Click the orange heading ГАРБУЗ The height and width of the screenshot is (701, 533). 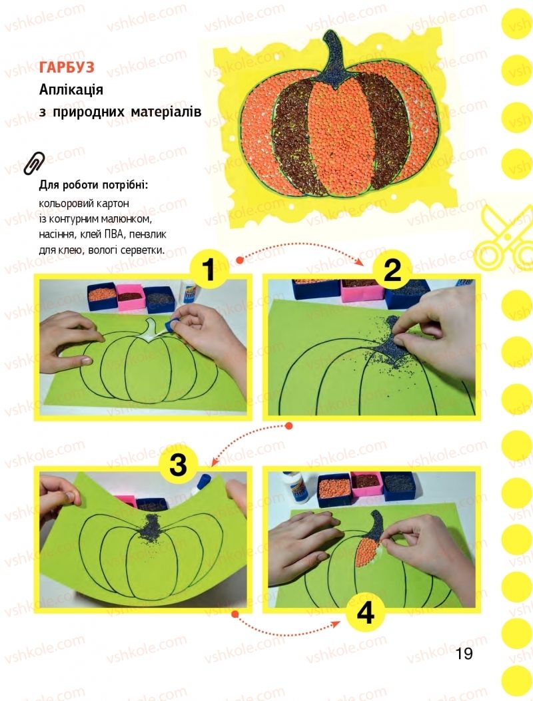pos(67,67)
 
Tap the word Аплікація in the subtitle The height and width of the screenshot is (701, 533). pos(71,89)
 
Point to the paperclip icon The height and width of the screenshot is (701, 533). pos(34,163)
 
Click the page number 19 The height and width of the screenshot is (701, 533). pos(464,654)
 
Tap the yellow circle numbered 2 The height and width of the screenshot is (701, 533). pos(392,270)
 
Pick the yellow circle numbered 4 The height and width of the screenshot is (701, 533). pos(366,613)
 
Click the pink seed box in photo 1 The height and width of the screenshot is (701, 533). pos(131,298)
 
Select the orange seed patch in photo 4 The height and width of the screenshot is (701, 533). pos(368,553)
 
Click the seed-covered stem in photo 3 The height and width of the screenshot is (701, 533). pos(152,527)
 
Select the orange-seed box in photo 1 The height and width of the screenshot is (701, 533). pos(102,297)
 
